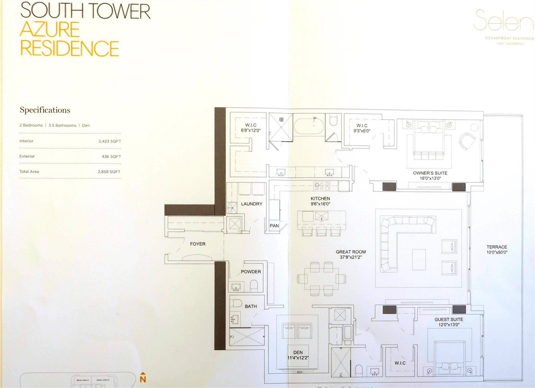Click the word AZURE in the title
coord(50,29)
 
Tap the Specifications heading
coord(45,110)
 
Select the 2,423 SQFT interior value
coord(110,141)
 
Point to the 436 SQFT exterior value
coord(111,157)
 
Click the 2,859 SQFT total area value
coord(109,172)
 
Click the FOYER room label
coord(197,244)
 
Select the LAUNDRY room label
coord(252,204)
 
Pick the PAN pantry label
coord(274,226)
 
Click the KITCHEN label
coord(320,199)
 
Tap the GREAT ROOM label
coord(351,252)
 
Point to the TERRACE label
coord(497,247)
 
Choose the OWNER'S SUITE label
coord(430,173)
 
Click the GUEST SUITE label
coord(449,319)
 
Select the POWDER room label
coord(251,272)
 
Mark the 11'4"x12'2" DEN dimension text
coord(298,358)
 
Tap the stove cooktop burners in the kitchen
coord(322,186)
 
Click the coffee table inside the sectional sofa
coord(419,259)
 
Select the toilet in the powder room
coord(254,286)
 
